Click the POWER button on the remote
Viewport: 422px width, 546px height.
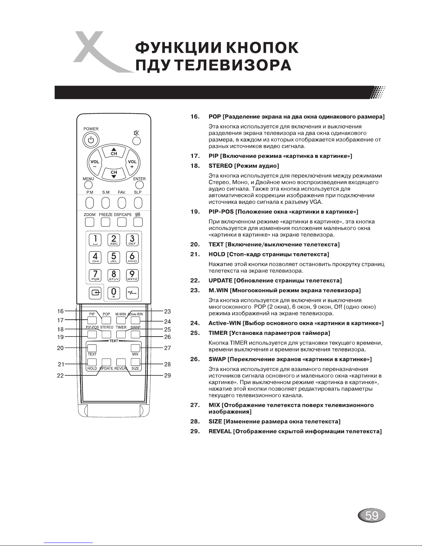tap(91, 140)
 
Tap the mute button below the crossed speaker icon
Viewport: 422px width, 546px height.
tap(136, 141)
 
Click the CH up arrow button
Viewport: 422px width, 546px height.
tap(114, 151)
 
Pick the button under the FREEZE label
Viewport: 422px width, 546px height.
tap(106, 222)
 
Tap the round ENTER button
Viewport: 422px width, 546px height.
tap(140, 185)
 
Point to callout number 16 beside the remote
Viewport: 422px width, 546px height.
tap(60, 311)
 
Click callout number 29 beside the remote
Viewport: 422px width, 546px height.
tap(167, 375)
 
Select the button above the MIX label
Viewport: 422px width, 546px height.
tap(135, 348)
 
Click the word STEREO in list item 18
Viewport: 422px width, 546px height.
tap(220, 166)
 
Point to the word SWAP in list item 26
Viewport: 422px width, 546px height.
tap(217, 359)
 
